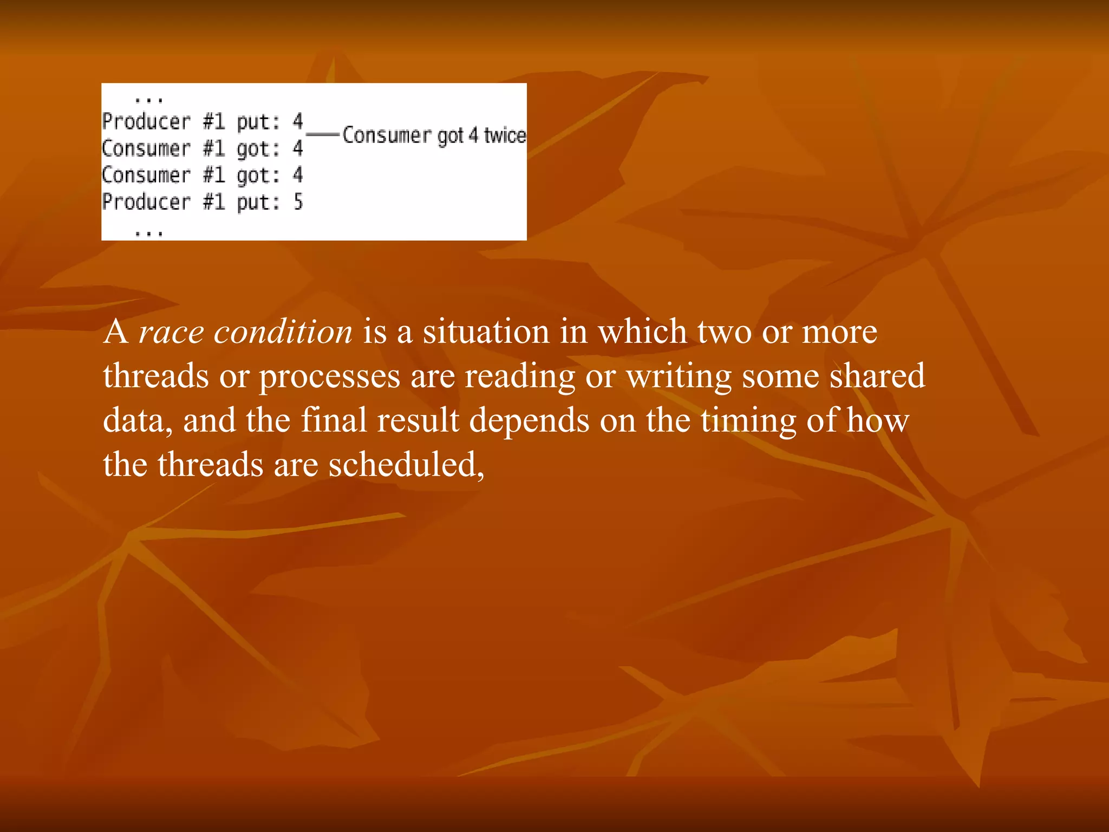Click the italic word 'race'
pyautogui.click(x=171, y=333)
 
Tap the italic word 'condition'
pyautogui.click(x=283, y=331)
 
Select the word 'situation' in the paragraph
pyautogui.click(x=486, y=331)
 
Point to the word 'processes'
pyautogui.click(x=329, y=377)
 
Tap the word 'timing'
pyautogui.click(x=748, y=421)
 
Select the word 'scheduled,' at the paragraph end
pyautogui.click(x=406, y=465)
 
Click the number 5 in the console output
pyautogui.click(x=298, y=202)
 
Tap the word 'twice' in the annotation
pyautogui.click(x=505, y=135)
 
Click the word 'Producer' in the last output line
pyautogui.click(x=146, y=202)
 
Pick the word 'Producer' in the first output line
pyautogui.click(x=146, y=121)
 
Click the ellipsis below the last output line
pyautogui.click(x=148, y=233)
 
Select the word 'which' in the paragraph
pyautogui.click(x=642, y=331)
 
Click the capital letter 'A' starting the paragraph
pyautogui.click(x=116, y=331)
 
